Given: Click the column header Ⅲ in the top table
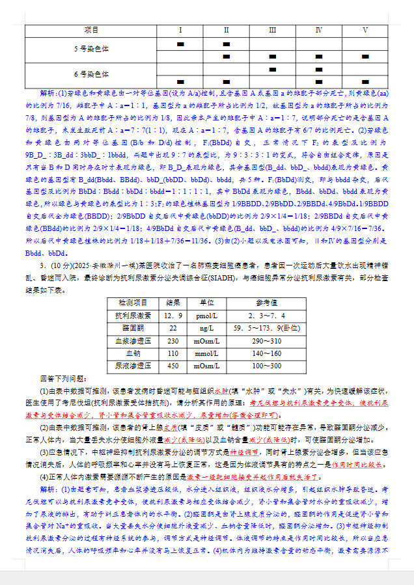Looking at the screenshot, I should pos(272,30).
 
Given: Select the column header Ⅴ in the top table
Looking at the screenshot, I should pos(365,30).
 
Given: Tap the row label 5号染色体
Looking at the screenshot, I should pos(91,49).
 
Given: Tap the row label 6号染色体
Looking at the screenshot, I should pos(91,74).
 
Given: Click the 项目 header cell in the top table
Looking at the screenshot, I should pos(91,30).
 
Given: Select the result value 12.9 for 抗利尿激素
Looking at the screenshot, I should pos(173,316).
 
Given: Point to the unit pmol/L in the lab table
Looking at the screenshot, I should pos(207,316).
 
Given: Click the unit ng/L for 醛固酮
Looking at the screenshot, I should pos(207,328).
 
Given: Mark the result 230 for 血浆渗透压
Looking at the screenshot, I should pos(173,341).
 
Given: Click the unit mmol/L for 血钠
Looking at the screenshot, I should pos(207,353).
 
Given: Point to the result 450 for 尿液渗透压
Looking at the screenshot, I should pos(173,366).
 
